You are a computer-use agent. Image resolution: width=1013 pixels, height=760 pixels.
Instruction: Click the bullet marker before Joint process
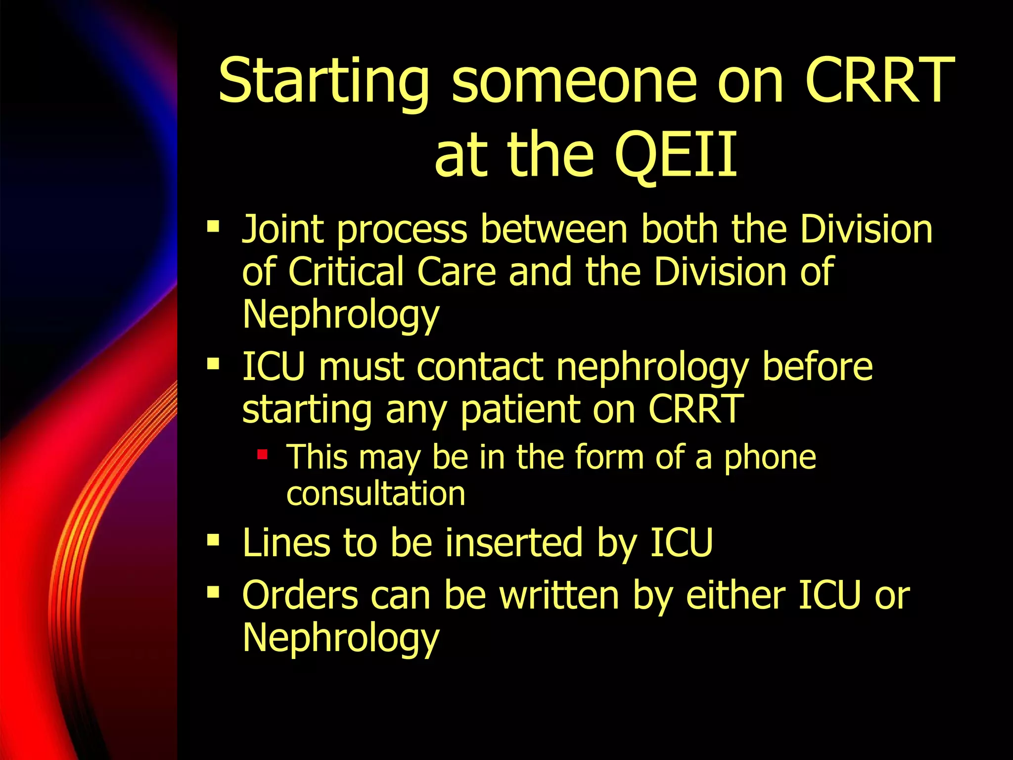coord(213,227)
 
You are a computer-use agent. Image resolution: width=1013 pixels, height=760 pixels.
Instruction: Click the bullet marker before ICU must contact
coord(213,365)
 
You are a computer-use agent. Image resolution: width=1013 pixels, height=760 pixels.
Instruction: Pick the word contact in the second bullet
coord(480,367)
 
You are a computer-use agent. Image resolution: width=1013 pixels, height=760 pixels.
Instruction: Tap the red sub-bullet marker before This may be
coord(262,454)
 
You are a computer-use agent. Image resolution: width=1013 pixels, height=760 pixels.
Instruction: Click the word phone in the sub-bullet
coord(770,457)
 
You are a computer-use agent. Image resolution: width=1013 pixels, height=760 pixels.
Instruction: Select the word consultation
coord(376,493)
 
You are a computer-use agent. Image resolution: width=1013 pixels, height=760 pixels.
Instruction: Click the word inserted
coord(514,543)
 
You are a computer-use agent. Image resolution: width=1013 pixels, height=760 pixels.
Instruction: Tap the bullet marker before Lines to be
coord(213,540)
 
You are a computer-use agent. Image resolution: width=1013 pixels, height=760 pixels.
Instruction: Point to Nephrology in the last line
coord(340,638)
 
